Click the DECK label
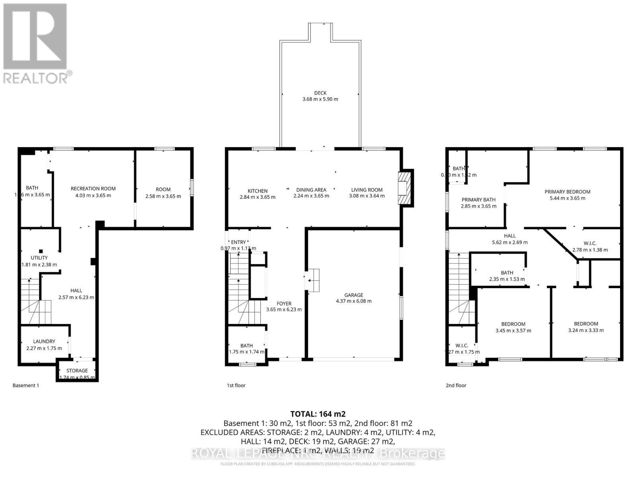pyautogui.click(x=320, y=93)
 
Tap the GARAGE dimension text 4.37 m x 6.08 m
pyautogui.click(x=353, y=301)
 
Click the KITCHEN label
pyautogui.click(x=258, y=191)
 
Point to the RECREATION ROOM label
pyautogui.click(x=93, y=188)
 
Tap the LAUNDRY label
pyautogui.click(x=44, y=341)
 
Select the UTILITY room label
pyautogui.click(x=39, y=258)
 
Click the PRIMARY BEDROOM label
pyautogui.click(x=567, y=192)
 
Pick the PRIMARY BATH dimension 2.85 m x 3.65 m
pyautogui.click(x=478, y=206)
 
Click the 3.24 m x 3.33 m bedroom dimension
pyautogui.click(x=586, y=330)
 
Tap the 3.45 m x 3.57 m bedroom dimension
pyautogui.click(x=513, y=330)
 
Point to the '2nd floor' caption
pyautogui.click(x=456, y=385)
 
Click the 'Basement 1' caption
pyautogui.click(x=26, y=385)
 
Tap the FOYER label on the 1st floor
pyautogui.click(x=284, y=303)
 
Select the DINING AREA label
pyautogui.click(x=311, y=190)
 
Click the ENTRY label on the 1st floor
pyautogui.click(x=238, y=242)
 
